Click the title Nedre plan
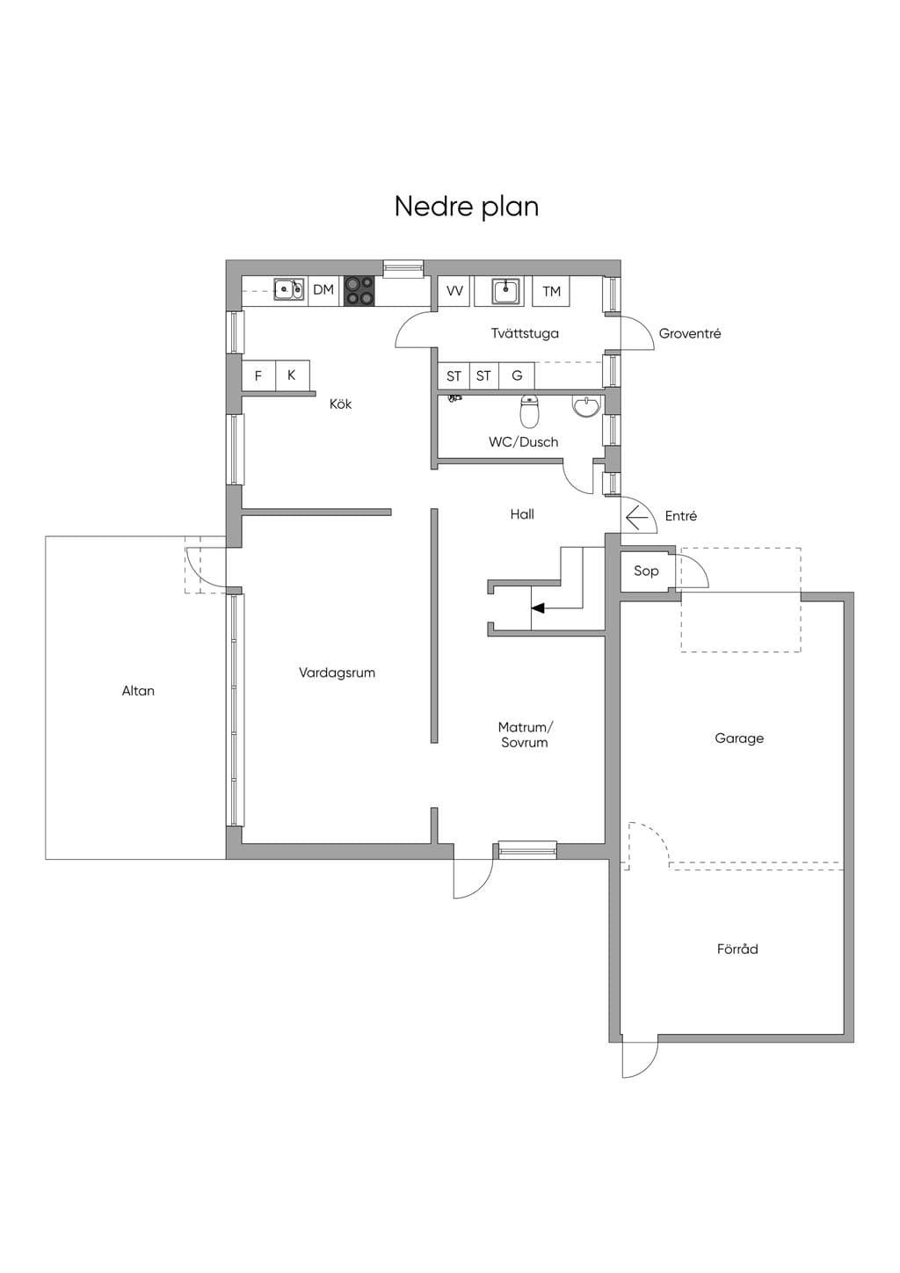[x=467, y=207]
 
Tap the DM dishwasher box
[x=323, y=290]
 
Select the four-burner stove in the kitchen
[x=359, y=290]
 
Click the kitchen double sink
[x=288, y=290]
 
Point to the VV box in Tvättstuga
[x=454, y=292]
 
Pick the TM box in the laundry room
[x=551, y=292]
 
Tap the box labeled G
[x=517, y=375]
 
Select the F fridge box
[x=258, y=375]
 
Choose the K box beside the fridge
[x=293, y=375]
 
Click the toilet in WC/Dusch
[x=529, y=411]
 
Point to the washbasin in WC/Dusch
[x=586, y=406]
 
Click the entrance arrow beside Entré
[x=637, y=518]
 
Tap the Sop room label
[x=646, y=571]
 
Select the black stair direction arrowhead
[x=538, y=608]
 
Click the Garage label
[x=738, y=738]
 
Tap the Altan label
[x=138, y=691]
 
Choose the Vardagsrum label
[x=337, y=673]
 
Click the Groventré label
[x=690, y=333]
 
